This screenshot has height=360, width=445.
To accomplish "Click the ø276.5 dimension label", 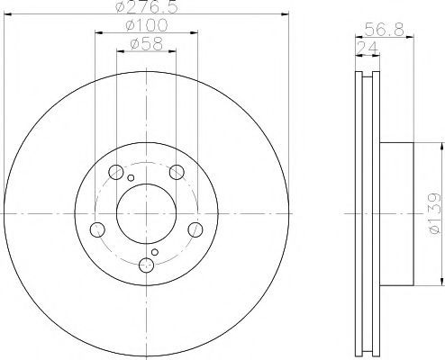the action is click(147, 6).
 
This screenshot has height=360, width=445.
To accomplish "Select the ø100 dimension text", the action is click(147, 25).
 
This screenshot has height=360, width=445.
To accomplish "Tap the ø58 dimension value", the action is click(147, 44).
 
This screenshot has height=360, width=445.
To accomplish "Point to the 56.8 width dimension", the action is click(385, 30).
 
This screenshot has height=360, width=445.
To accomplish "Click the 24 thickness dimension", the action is click(367, 48).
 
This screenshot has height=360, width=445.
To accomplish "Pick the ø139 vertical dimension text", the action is click(434, 213).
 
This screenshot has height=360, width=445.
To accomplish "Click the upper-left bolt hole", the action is click(116, 172).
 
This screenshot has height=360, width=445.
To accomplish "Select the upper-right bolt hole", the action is click(177, 172).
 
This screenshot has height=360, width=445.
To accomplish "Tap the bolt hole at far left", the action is click(97, 229).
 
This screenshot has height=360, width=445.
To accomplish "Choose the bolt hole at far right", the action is click(195, 229).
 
